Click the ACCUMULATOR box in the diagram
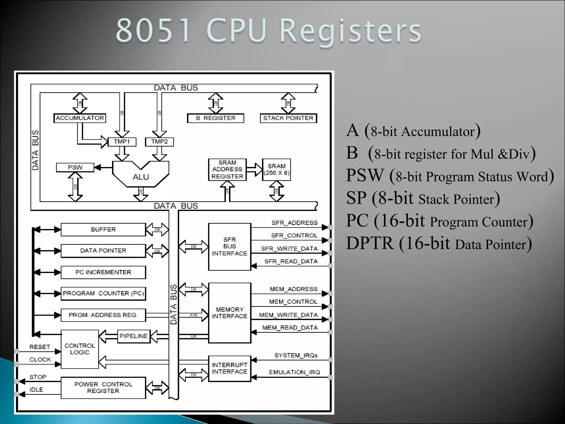[x=80, y=118]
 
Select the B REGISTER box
[x=215, y=118]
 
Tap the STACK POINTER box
[x=288, y=118]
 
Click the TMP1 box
[x=122, y=142]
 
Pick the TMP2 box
[x=159, y=142]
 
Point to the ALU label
[x=141, y=177]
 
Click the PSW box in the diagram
[x=75, y=167]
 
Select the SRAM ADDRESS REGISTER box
[x=227, y=169]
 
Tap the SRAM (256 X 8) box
[x=276, y=169]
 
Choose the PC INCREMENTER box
[x=103, y=272]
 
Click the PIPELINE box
[x=134, y=336]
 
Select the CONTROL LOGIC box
[x=80, y=349]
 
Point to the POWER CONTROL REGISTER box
[x=103, y=388]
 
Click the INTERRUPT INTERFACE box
[x=230, y=368]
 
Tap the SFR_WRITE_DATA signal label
[x=289, y=249]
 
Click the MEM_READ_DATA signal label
[x=290, y=328]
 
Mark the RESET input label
[x=40, y=347]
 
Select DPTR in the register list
[x=370, y=243]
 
